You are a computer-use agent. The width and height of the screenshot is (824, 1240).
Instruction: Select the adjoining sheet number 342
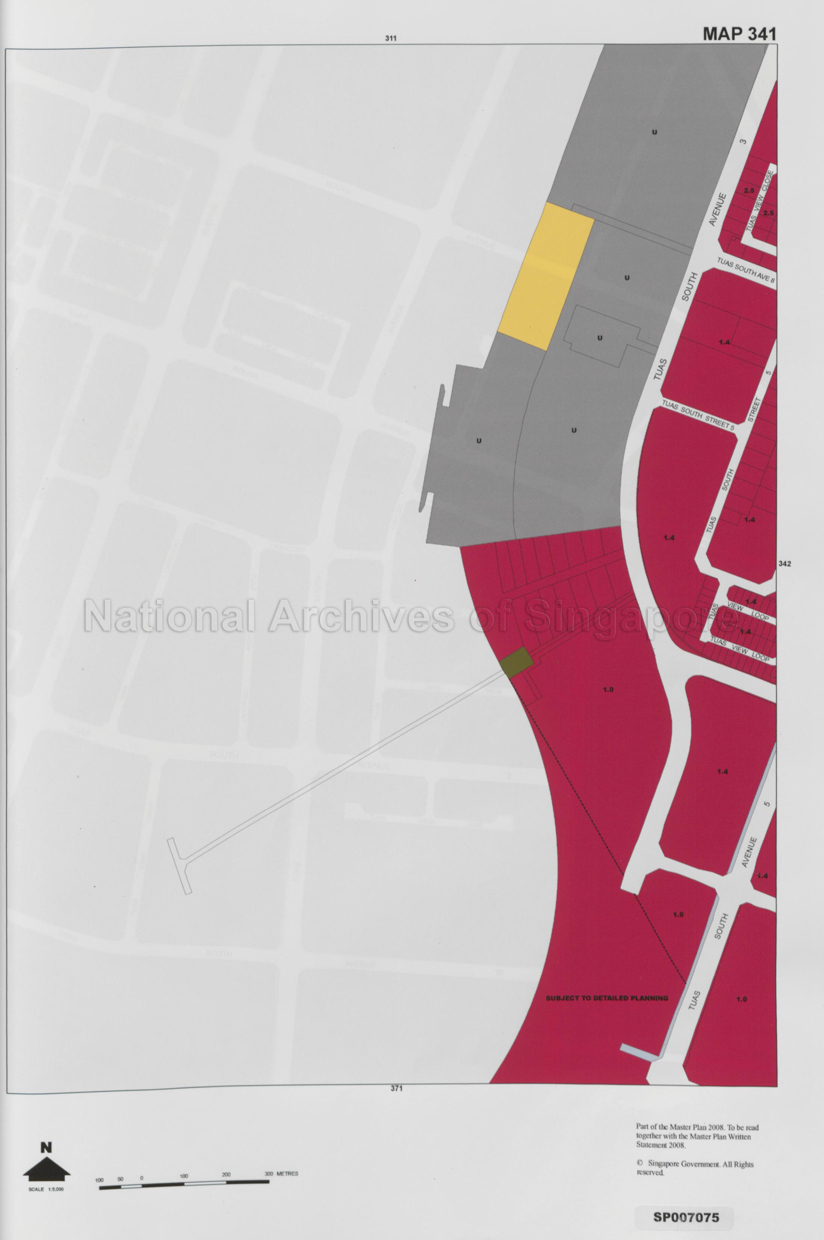(x=785, y=563)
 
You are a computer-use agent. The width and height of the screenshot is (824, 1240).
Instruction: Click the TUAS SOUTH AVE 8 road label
(x=746, y=270)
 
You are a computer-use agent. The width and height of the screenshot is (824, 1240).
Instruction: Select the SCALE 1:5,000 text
(x=46, y=1126)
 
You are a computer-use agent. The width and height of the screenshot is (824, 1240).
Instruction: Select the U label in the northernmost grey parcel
(x=654, y=132)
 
